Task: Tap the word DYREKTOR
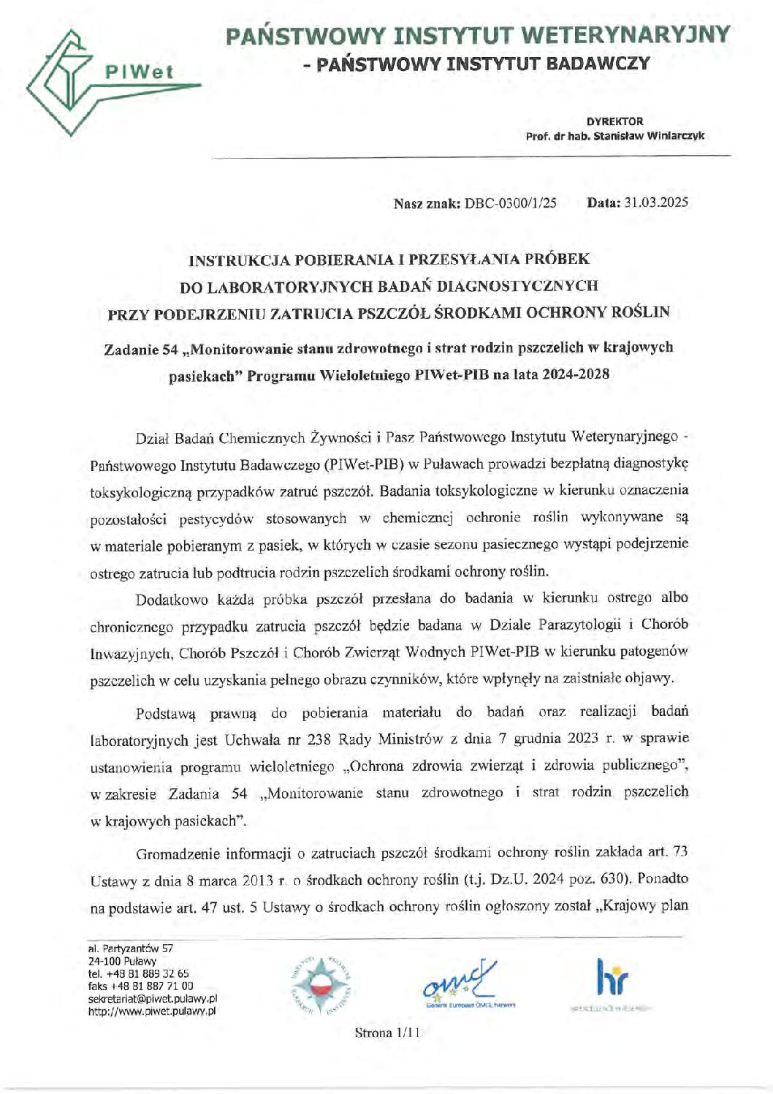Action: (614, 121)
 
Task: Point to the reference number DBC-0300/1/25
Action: (510, 203)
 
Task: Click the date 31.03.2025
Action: (655, 203)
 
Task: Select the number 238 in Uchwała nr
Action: (321, 739)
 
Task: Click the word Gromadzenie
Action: (178, 853)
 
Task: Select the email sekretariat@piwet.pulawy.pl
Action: (152, 999)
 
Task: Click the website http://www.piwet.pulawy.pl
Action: (151, 1012)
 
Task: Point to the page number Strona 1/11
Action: (387, 1033)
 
